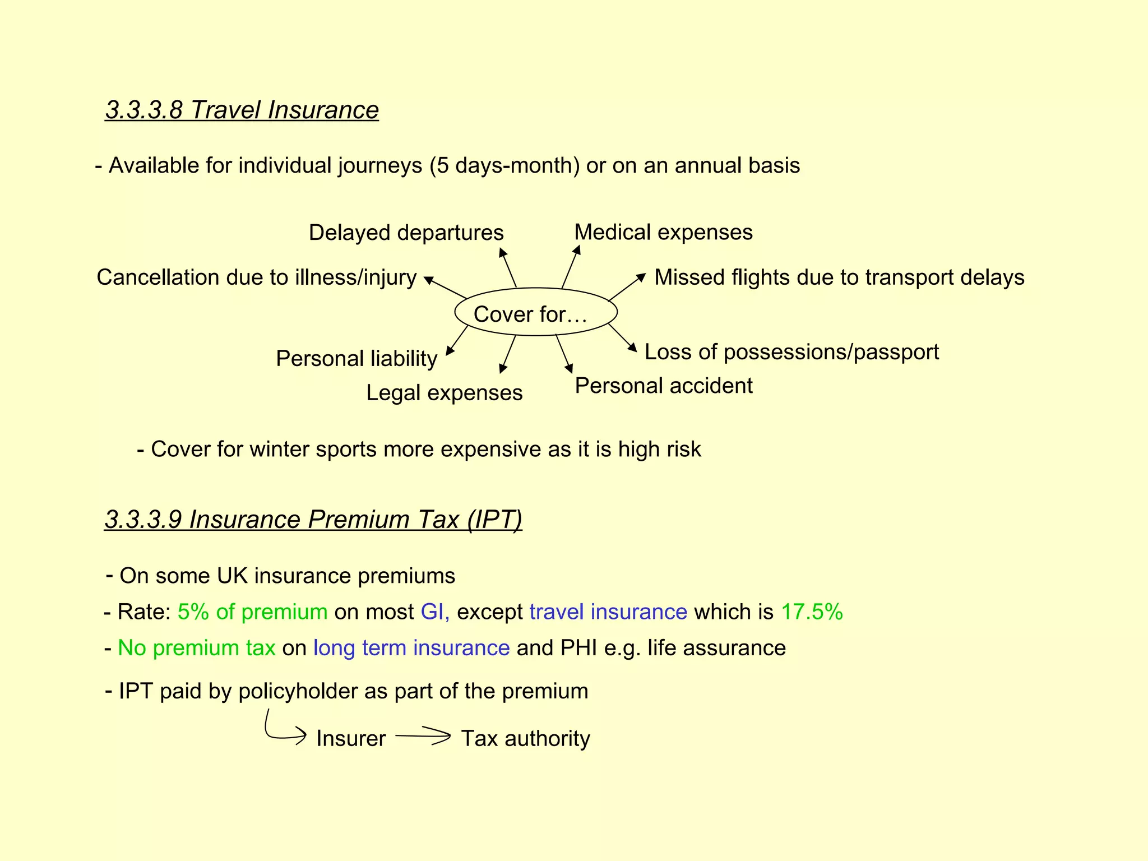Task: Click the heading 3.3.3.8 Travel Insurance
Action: pos(242,110)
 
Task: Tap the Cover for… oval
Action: pos(535,313)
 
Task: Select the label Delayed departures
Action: pos(406,233)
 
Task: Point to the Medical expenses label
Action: pos(663,232)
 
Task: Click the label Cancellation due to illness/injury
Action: pos(256,277)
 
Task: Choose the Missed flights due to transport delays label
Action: pos(839,277)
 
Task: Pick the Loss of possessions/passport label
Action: pos(791,352)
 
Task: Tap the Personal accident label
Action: pos(664,386)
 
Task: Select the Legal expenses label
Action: pos(444,392)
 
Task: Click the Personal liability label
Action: pos(357,359)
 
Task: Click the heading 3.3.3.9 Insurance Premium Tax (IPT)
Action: pos(313,519)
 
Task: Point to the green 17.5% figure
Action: pos(812,612)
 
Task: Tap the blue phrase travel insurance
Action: pos(608,612)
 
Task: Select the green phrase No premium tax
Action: pos(196,648)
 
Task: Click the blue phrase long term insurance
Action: pos(411,648)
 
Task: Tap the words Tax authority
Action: pos(525,739)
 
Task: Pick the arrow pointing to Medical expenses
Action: pos(571,266)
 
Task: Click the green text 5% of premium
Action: pos(252,612)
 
